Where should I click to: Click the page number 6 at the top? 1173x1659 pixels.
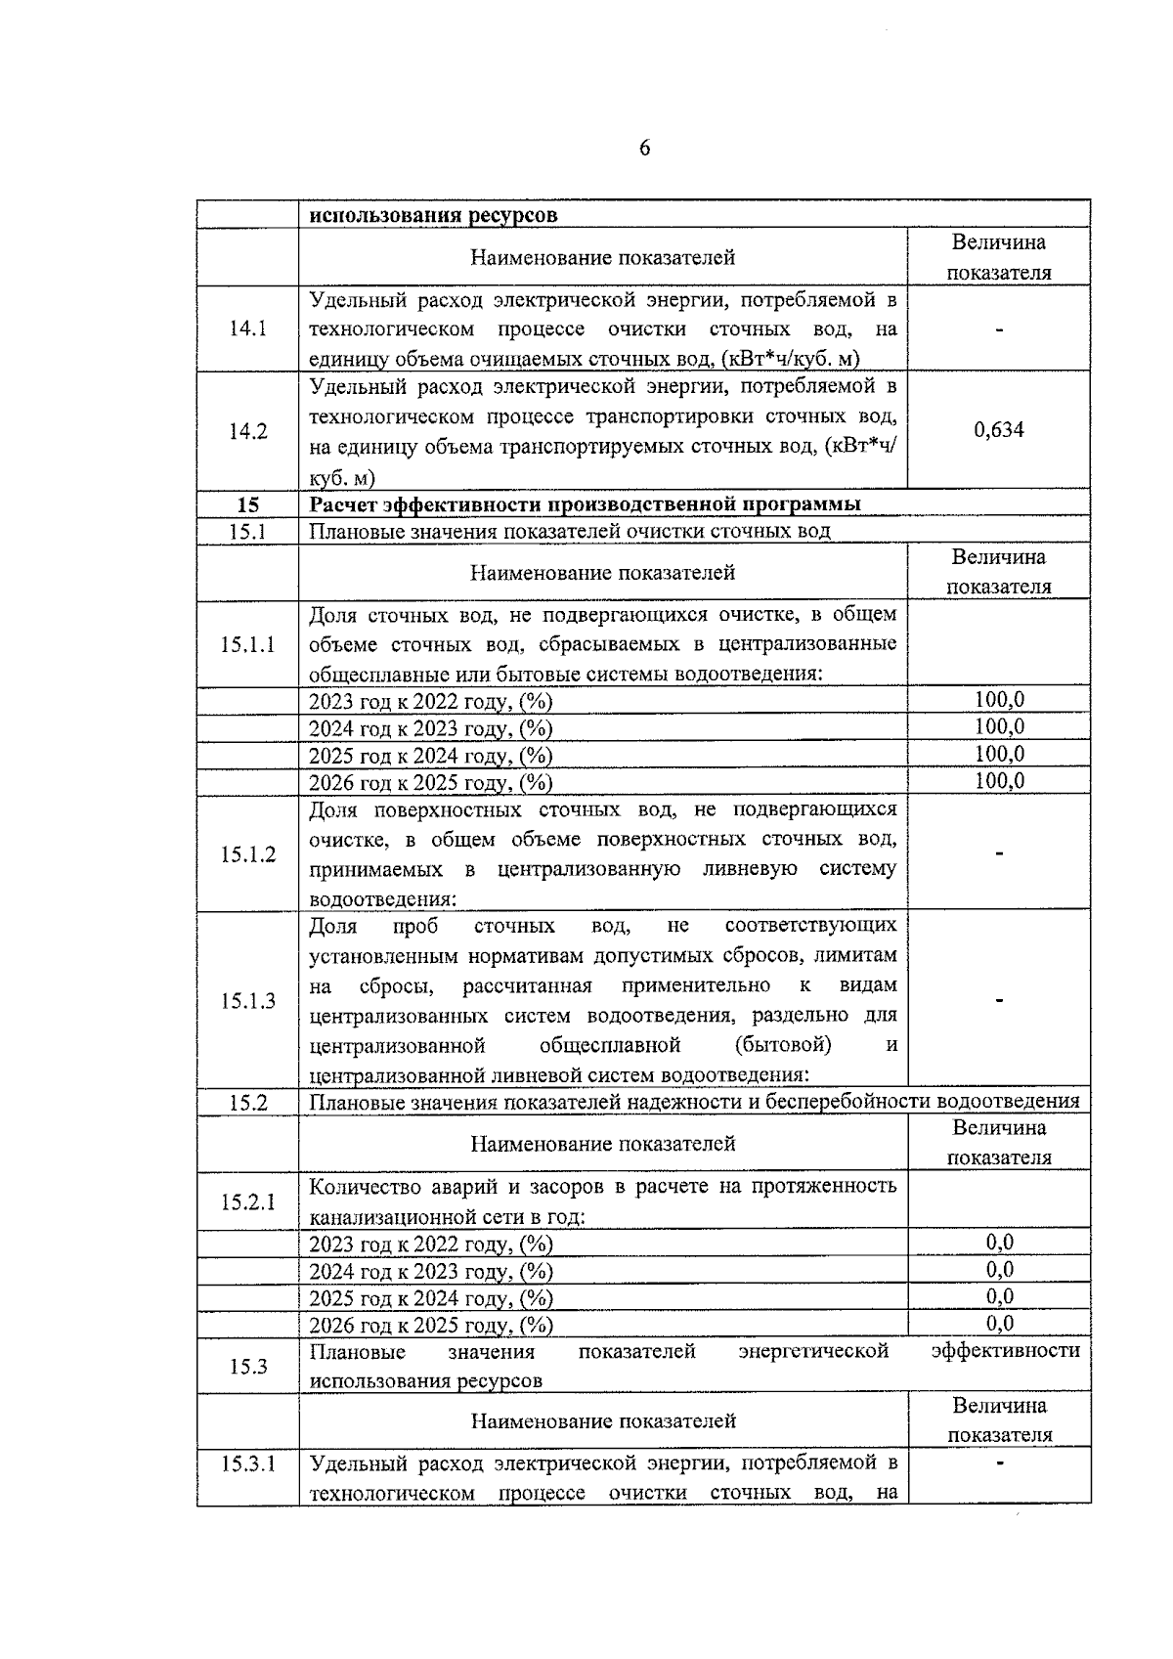pyautogui.click(x=644, y=148)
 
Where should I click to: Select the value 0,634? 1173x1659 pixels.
pyautogui.click(x=998, y=430)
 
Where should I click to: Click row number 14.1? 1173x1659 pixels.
pyautogui.click(x=248, y=328)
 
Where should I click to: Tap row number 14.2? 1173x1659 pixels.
pyautogui.click(x=248, y=431)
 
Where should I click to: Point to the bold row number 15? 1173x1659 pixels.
pyautogui.click(x=248, y=504)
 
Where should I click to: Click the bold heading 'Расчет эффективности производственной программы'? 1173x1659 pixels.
pyautogui.click(x=585, y=504)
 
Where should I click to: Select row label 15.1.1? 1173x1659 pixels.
pyautogui.click(x=248, y=644)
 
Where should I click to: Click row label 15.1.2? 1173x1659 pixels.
pyautogui.click(x=248, y=854)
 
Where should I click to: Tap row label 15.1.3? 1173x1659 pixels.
pyautogui.click(x=248, y=1000)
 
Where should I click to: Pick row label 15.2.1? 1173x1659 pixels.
pyautogui.click(x=248, y=1201)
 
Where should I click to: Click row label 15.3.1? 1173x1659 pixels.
pyautogui.click(x=248, y=1463)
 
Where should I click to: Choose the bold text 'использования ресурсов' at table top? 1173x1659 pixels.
pyautogui.click(x=433, y=215)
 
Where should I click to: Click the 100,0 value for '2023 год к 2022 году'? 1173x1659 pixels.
pyautogui.click(x=999, y=700)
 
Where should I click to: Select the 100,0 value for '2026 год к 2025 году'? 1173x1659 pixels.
pyautogui.click(x=999, y=780)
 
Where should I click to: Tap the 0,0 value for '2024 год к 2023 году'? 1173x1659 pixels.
pyautogui.click(x=999, y=1270)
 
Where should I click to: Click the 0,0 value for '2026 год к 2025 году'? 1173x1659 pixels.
pyautogui.click(x=999, y=1324)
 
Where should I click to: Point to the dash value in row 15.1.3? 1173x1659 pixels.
pyautogui.click(x=999, y=999)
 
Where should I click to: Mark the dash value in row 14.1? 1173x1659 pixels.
pyautogui.click(x=999, y=329)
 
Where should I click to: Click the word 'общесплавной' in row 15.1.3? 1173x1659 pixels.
pyautogui.click(x=609, y=1045)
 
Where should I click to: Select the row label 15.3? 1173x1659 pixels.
pyautogui.click(x=248, y=1366)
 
